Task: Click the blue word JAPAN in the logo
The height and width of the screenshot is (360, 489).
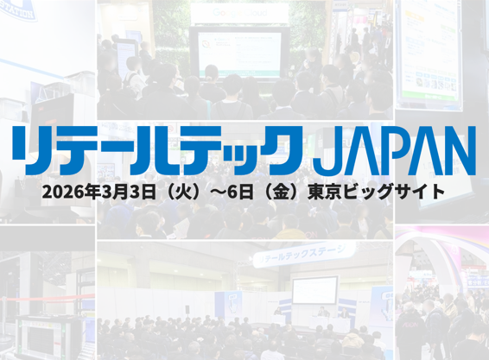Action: [394, 153]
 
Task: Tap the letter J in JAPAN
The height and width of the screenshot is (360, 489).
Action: [326, 153]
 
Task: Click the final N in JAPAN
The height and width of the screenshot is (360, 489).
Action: [458, 153]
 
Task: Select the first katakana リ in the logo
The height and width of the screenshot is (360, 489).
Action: [30, 153]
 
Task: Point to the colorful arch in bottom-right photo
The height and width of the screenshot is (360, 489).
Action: [445, 259]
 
